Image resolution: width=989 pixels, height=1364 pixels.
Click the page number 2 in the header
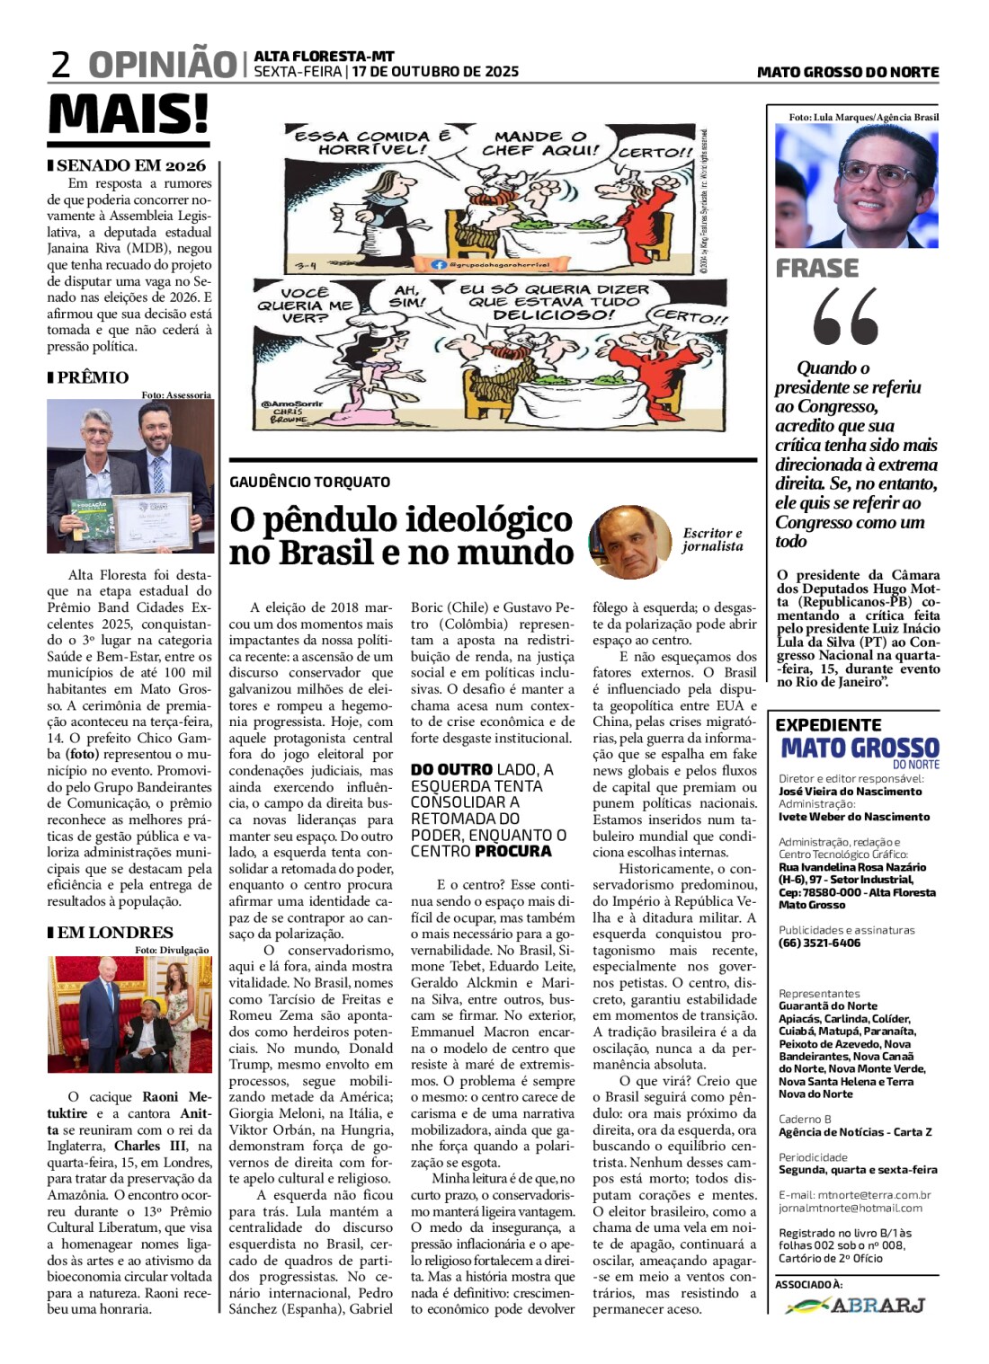click(x=61, y=65)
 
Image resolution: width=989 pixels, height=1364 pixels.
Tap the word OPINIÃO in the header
click(x=162, y=65)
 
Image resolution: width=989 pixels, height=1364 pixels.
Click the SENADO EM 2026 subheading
click(x=131, y=165)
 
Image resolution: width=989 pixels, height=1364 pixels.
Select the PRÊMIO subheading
click(x=93, y=377)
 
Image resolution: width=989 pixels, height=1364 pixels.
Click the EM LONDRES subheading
click(x=115, y=933)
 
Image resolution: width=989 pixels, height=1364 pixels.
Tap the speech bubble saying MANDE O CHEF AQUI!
click(x=539, y=143)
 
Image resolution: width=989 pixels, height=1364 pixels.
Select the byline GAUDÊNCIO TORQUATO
click(x=309, y=483)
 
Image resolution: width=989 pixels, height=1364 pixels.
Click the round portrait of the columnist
click(x=629, y=542)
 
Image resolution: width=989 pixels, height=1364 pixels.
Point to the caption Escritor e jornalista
click(x=712, y=539)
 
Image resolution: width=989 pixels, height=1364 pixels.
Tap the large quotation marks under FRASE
click(x=845, y=316)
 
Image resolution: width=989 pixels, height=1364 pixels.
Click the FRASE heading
click(x=817, y=268)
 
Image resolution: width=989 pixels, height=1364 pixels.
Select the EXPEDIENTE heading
click(x=828, y=725)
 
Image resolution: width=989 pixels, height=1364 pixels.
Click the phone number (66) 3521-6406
click(x=819, y=943)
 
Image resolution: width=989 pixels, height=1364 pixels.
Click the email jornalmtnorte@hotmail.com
click(x=851, y=1208)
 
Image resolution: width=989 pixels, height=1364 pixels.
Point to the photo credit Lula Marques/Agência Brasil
click(x=863, y=117)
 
